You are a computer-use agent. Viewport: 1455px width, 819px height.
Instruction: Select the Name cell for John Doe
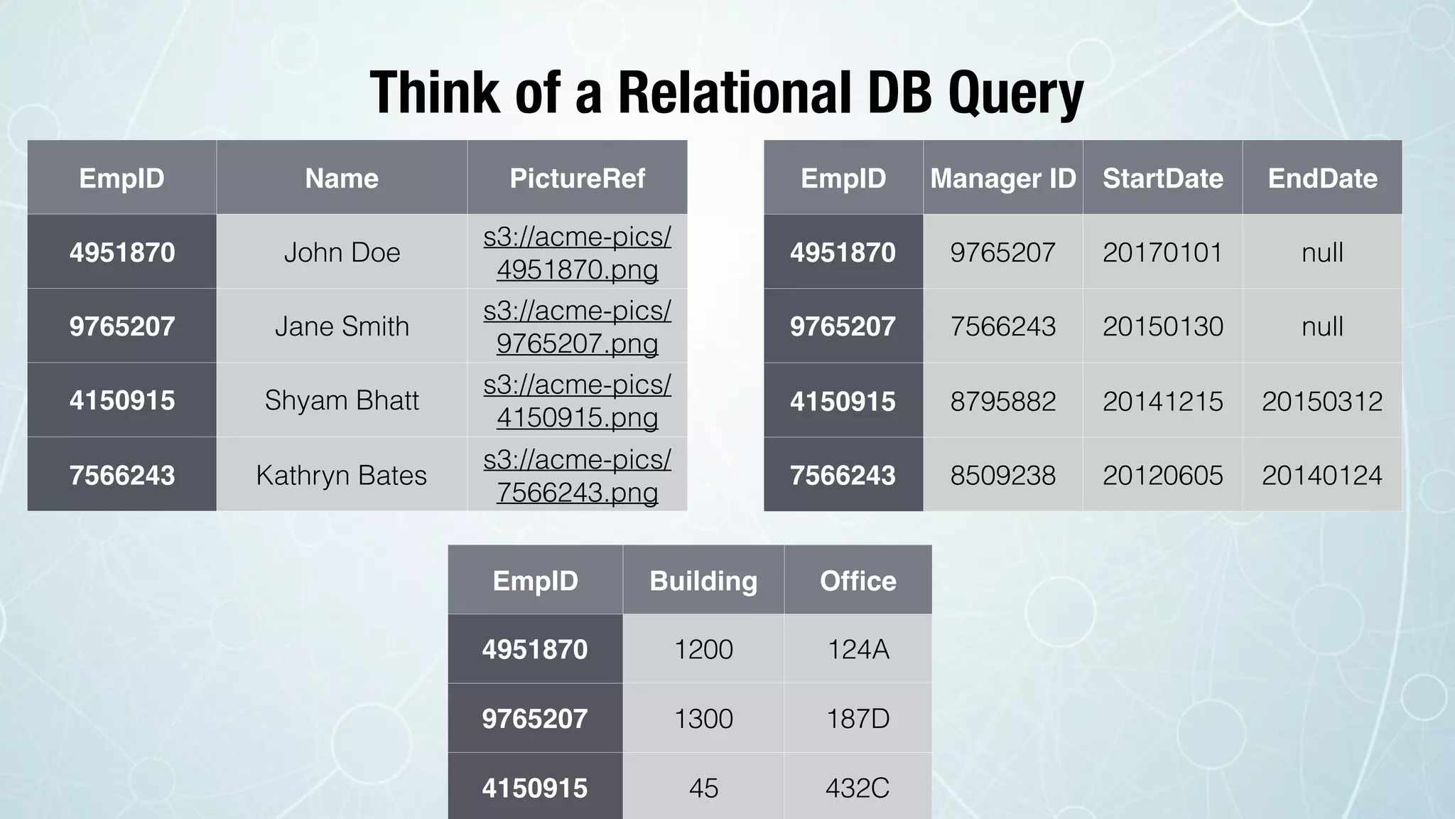click(342, 252)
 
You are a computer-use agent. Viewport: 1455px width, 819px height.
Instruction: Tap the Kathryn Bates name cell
click(342, 475)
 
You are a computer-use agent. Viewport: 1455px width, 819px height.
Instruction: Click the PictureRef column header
click(577, 178)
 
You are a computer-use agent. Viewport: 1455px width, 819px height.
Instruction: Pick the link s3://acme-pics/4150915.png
click(577, 400)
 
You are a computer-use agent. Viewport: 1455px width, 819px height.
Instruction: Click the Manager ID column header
click(1002, 178)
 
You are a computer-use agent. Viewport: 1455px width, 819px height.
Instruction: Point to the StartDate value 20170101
click(1162, 252)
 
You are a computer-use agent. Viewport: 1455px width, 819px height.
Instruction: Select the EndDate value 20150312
click(1322, 401)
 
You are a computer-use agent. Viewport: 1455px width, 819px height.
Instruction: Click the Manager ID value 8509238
click(1002, 475)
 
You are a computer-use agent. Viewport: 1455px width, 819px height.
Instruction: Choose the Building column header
click(703, 581)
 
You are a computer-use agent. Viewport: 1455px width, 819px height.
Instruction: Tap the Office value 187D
click(858, 719)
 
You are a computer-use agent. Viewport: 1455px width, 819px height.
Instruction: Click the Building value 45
click(703, 788)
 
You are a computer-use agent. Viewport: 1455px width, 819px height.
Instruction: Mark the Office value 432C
click(858, 788)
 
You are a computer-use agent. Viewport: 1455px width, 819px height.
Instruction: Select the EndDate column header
click(1322, 178)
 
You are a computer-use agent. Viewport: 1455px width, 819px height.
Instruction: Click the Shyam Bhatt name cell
click(342, 400)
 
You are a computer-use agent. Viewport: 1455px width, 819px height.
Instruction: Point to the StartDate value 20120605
click(1162, 475)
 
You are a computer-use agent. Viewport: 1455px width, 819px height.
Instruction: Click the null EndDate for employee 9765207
click(1322, 326)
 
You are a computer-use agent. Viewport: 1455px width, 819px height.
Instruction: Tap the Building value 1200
click(703, 649)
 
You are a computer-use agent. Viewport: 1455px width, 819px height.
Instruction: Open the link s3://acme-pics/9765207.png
click(577, 326)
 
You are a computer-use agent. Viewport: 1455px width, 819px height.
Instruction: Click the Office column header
click(858, 581)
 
